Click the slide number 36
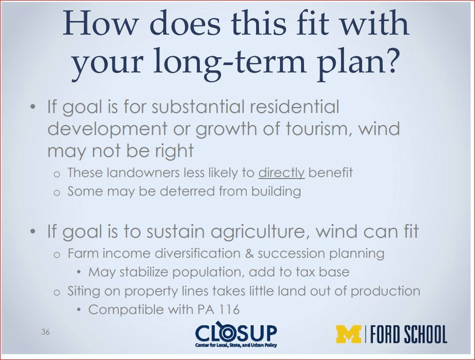(x=45, y=332)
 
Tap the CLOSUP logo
(x=237, y=336)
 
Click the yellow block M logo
(x=349, y=335)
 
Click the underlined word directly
(x=281, y=173)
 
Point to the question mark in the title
(x=389, y=60)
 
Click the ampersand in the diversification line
(x=249, y=253)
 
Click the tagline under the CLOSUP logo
(x=237, y=345)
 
